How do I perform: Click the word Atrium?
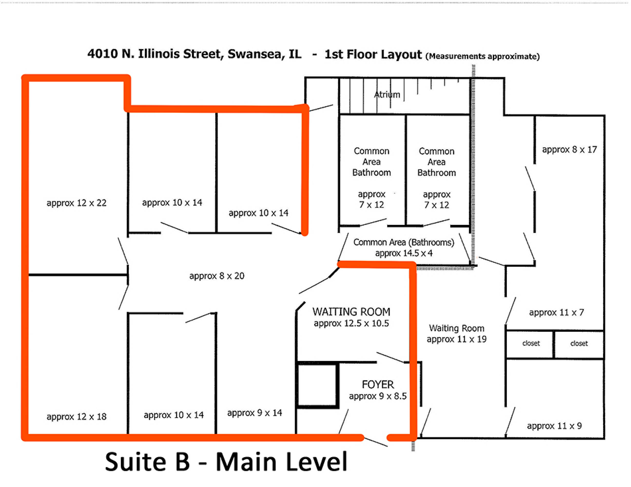pos(387,94)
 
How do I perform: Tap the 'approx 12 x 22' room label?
pos(77,203)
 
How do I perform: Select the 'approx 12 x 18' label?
pos(77,417)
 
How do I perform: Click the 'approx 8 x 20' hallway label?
pos(217,276)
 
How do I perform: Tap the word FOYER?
pos(378,384)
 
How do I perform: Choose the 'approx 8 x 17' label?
pos(570,150)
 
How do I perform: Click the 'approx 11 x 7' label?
pos(556,313)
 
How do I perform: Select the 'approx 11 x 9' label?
pos(554,426)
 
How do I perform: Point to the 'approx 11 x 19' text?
pos(457,339)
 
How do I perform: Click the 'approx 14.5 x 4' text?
pos(404,253)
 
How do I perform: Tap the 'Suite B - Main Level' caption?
pos(226,462)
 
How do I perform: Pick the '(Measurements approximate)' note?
pos(483,56)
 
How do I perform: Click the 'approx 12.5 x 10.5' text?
pos(351,324)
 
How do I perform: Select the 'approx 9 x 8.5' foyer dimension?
pos(378,396)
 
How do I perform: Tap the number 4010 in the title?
pos(103,54)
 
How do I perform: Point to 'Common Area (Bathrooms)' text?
pos(404,242)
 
